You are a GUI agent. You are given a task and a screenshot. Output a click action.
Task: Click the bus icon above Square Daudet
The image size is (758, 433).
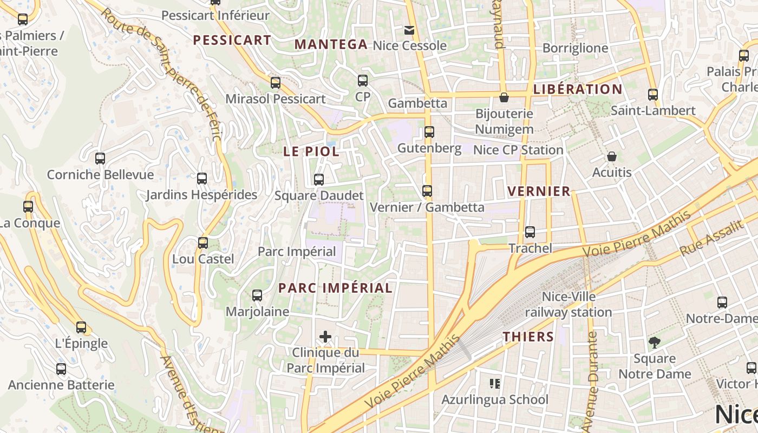(319, 179)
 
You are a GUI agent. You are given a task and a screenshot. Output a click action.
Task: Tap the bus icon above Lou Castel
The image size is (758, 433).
(203, 243)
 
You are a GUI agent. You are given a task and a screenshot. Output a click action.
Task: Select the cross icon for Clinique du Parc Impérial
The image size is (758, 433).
(325, 337)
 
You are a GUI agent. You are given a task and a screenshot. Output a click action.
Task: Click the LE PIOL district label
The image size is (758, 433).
(311, 152)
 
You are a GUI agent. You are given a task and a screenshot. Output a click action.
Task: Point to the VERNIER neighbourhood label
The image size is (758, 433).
(539, 191)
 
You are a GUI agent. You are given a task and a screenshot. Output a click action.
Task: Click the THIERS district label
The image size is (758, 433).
(528, 337)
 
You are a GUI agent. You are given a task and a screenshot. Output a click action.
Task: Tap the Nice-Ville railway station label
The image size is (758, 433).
(568, 305)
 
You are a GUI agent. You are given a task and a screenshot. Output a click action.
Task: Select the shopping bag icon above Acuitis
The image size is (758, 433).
(612, 156)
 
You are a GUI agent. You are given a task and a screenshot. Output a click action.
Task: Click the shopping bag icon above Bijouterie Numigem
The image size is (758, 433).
(504, 97)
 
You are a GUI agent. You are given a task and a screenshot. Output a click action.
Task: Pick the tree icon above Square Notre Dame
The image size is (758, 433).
(655, 342)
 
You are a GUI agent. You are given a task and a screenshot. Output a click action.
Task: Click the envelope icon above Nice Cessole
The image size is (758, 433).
(410, 30)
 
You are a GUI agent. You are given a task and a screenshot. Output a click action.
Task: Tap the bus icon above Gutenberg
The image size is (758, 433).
(429, 132)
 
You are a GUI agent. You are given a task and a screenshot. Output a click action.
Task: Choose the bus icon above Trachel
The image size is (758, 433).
(530, 232)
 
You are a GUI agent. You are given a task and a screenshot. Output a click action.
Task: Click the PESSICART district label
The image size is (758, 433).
(232, 40)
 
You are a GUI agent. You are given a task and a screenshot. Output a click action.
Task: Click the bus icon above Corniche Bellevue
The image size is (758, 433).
(100, 159)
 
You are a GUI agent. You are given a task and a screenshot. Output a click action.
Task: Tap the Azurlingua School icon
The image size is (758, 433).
(494, 384)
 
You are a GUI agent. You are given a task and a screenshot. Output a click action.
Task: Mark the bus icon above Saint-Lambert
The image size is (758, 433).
(653, 95)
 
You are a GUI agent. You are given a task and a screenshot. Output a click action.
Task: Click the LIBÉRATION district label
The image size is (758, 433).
(578, 89)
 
